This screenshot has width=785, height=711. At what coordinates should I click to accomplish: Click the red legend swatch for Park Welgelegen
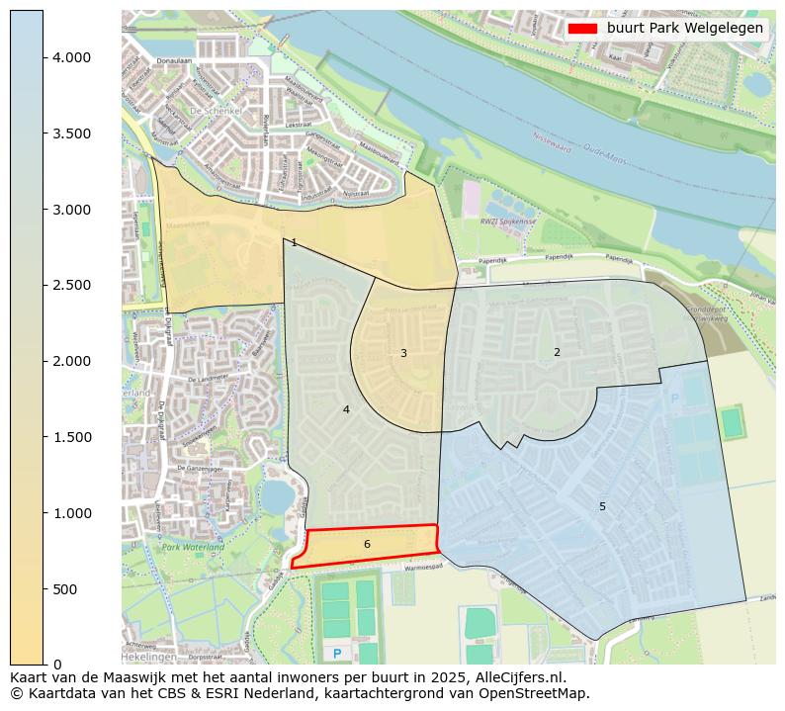click(x=583, y=29)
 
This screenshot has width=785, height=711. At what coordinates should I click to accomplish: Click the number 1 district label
click(x=294, y=243)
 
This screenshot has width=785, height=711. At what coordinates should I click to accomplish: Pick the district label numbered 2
click(x=557, y=352)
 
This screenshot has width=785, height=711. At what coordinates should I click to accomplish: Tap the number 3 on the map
click(x=403, y=353)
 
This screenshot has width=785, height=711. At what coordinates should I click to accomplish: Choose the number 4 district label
click(x=346, y=409)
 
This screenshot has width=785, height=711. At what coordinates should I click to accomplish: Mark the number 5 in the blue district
click(x=602, y=506)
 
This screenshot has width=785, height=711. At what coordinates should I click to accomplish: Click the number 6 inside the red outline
click(x=367, y=544)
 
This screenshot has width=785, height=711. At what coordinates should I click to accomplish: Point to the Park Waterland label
click(x=193, y=547)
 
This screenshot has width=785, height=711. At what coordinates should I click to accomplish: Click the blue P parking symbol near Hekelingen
click(x=337, y=654)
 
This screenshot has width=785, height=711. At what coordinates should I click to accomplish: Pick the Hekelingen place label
click(x=148, y=657)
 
